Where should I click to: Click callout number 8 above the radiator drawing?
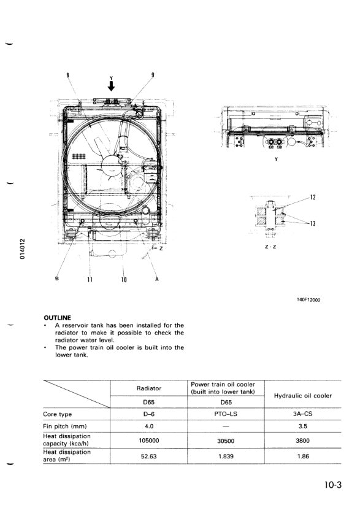pyautogui.click(x=67, y=75)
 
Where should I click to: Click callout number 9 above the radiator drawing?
pyautogui.click(x=153, y=75)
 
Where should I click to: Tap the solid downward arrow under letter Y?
pyautogui.click(x=111, y=86)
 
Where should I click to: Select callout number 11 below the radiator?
pyautogui.click(x=90, y=280)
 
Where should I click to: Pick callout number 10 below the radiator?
pyautogui.click(x=124, y=280)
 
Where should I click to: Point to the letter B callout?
pyautogui.click(x=57, y=279)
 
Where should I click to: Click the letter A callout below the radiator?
pyautogui.click(x=157, y=279)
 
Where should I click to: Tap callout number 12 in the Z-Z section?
pyautogui.click(x=313, y=197)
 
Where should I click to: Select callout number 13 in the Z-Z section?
pyautogui.click(x=313, y=223)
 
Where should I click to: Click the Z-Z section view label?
pyautogui.click(x=270, y=247)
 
